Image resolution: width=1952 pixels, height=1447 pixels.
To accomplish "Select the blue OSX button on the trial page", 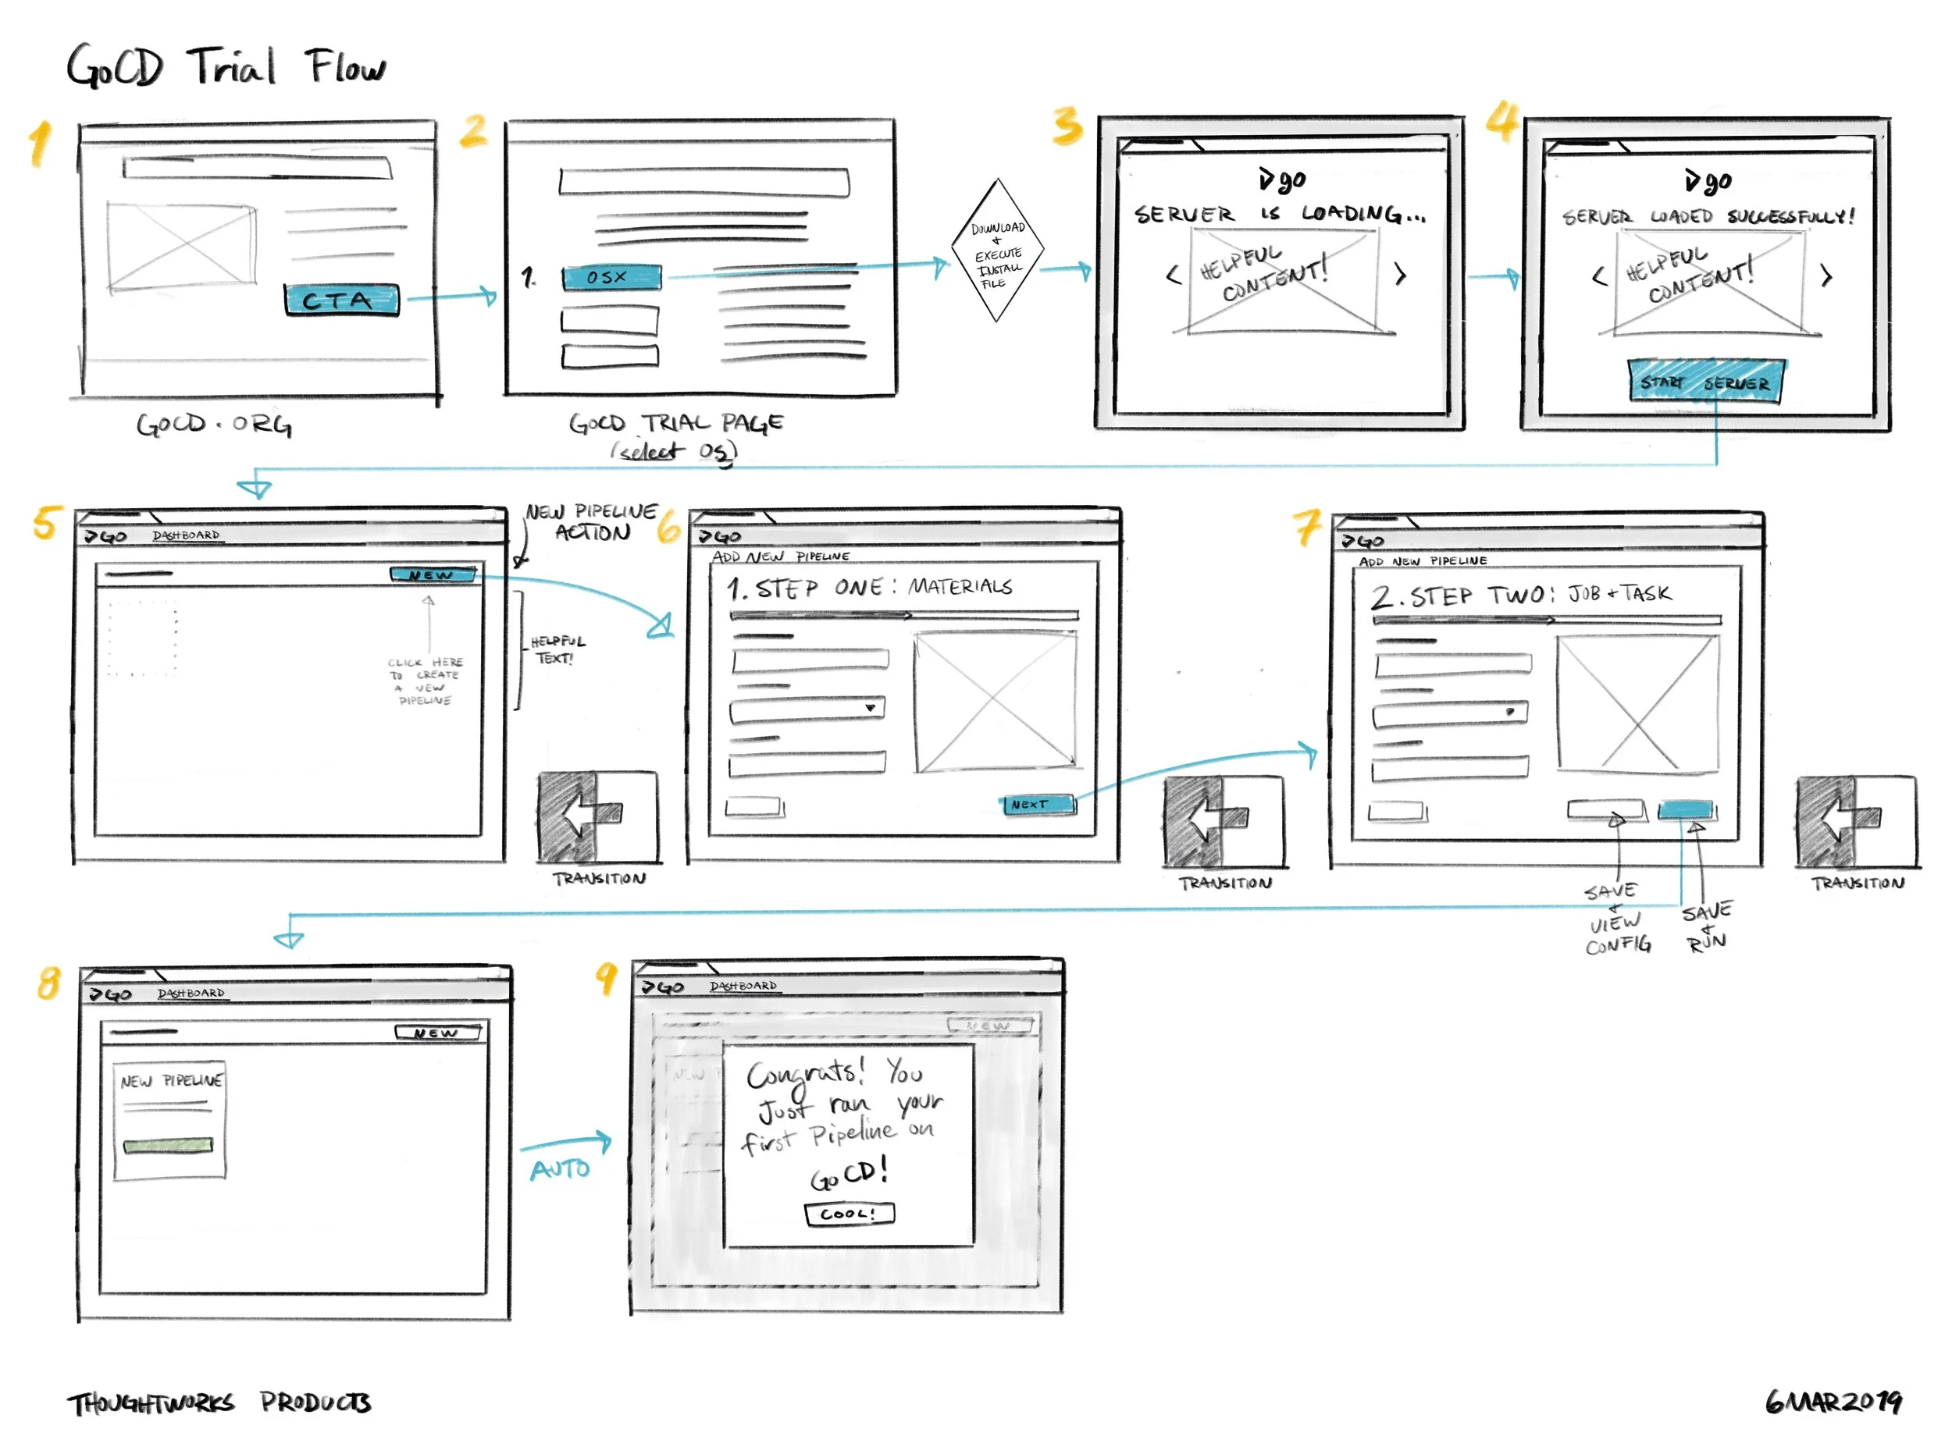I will (x=611, y=278).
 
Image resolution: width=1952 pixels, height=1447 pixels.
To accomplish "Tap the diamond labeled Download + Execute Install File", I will (x=997, y=251).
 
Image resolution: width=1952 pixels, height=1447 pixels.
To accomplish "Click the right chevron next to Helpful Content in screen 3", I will (x=1400, y=275).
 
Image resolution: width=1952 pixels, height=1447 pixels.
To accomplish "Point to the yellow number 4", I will (x=1501, y=121).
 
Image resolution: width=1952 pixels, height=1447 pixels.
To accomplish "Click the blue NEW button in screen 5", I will (x=433, y=574).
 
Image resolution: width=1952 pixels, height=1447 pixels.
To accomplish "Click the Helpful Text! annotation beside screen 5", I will (x=557, y=649).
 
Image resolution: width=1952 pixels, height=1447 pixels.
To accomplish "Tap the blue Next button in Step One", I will (x=1038, y=804).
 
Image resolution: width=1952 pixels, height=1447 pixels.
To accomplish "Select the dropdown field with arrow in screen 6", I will (x=807, y=709).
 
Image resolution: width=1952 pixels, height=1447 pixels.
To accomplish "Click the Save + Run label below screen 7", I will (x=1706, y=926).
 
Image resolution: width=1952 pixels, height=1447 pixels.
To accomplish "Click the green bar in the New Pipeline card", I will (x=168, y=1145).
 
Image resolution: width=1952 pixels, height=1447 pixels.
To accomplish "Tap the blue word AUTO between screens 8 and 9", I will (x=560, y=1168).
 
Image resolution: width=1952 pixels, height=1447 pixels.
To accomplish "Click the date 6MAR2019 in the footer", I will (x=1832, y=1402).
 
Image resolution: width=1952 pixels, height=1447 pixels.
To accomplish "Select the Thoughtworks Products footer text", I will (x=220, y=1403).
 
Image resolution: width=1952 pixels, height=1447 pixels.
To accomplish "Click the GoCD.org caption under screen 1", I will (x=214, y=425).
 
